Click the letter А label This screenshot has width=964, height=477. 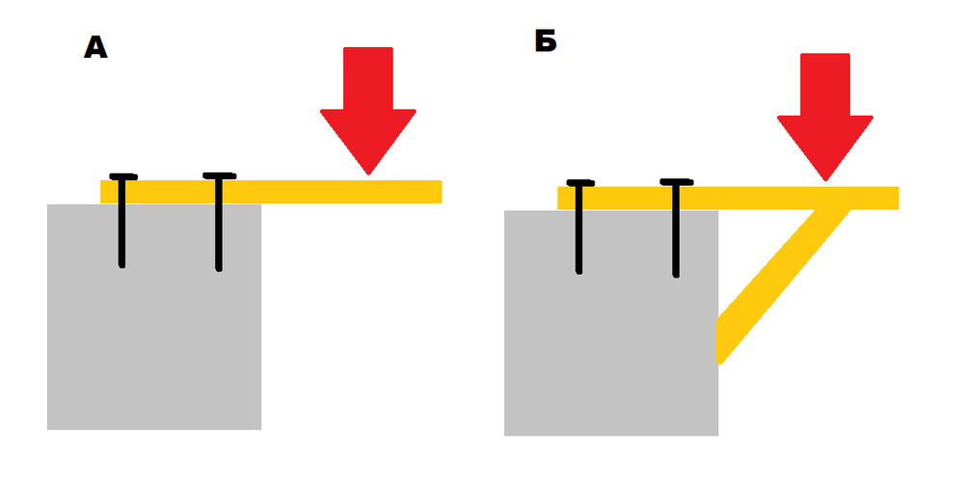tap(95, 47)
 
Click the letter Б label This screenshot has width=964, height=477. tap(546, 41)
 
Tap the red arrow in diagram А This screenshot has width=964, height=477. tap(368, 111)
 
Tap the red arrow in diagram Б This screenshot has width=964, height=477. tap(825, 117)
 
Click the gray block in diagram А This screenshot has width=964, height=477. tap(154, 317)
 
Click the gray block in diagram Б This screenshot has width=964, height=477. tap(611, 324)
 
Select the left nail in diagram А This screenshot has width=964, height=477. tap(122, 221)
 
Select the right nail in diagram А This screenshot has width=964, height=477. tap(219, 222)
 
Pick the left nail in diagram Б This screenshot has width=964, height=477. tap(579, 226)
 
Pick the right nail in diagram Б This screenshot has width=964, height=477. tap(676, 228)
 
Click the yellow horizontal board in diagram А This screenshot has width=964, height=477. tap(271, 192)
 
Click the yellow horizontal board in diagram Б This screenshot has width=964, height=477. tap(728, 198)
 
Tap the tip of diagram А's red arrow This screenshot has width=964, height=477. tap(368, 175)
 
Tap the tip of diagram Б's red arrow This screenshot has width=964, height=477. tap(825, 181)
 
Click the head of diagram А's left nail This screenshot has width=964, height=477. tap(123, 177)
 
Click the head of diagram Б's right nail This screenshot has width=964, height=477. tap(677, 182)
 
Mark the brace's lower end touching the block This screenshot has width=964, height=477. tap(719, 341)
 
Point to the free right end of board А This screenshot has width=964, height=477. tap(442, 192)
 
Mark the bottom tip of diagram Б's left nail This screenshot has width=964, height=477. tap(579, 274)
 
